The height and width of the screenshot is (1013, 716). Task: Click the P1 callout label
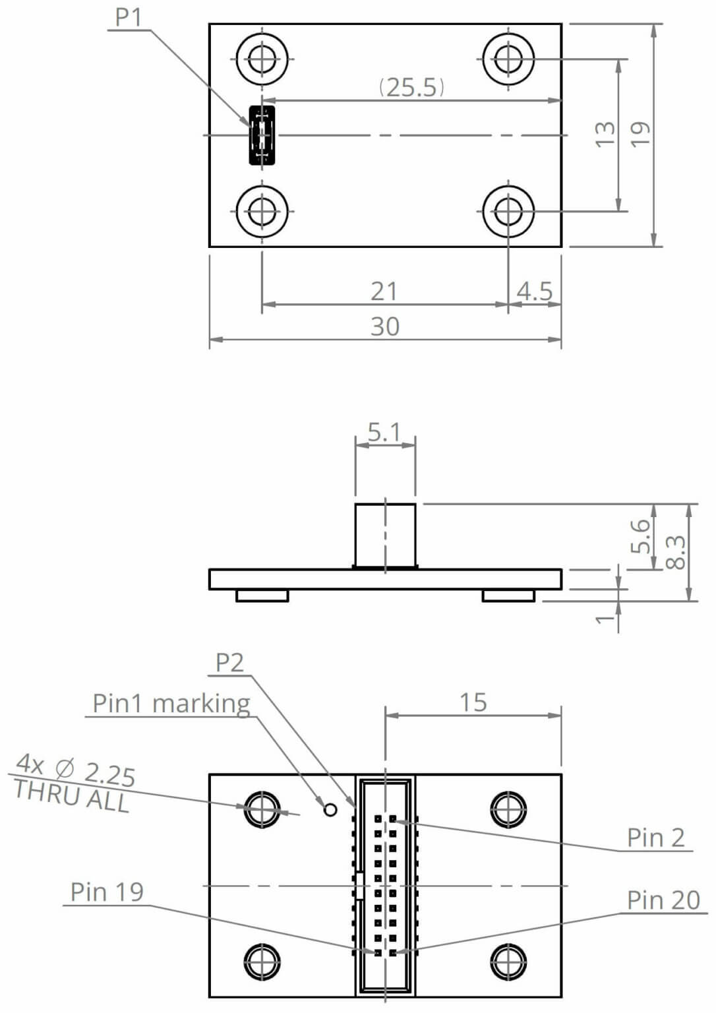point(129,17)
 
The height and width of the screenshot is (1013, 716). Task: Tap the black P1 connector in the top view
point(262,135)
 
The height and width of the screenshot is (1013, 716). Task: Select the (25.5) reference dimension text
point(411,87)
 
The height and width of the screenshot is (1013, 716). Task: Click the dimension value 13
point(605,135)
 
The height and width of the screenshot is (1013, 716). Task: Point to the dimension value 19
point(640,135)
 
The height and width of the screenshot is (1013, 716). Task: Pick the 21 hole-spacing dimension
point(384,291)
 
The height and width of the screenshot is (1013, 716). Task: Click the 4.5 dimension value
point(534,291)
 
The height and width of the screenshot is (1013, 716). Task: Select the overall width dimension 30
point(384,326)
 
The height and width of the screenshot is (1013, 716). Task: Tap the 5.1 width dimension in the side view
point(384,433)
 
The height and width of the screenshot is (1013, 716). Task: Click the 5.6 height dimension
point(640,536)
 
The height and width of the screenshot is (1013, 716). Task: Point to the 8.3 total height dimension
point(676,552)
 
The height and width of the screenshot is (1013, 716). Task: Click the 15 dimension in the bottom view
point(473,702)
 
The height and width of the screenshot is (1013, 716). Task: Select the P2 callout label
point(229,662)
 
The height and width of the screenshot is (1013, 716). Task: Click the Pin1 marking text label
point(171,703)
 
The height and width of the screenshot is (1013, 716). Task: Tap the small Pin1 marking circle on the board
point(330,809)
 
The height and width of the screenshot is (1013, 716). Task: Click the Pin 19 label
point(107,892)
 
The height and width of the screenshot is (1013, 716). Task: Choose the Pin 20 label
point(663,900)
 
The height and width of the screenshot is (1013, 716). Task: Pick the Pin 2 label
point(655,838)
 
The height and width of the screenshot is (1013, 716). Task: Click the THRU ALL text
point(71,797)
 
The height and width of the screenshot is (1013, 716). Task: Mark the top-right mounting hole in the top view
point(508,59)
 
